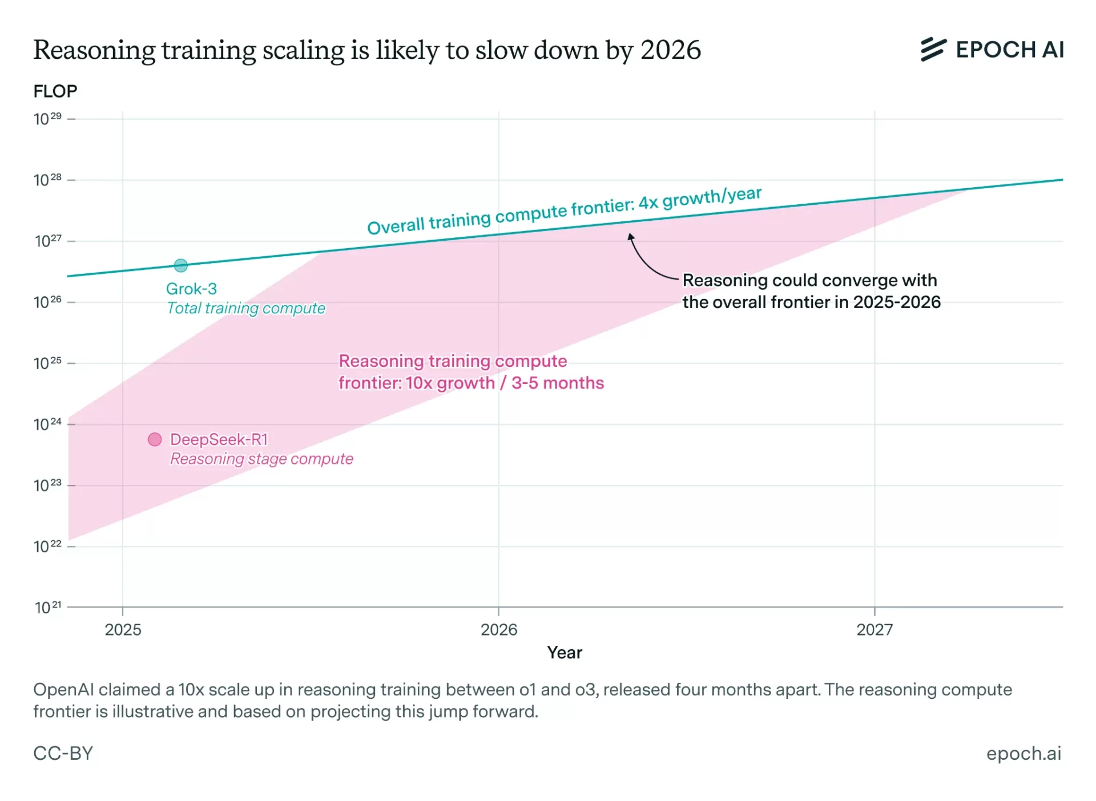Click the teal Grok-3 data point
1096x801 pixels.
[180, 265]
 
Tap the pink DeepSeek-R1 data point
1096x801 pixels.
[155, 439]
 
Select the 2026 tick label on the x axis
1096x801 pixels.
[498, 630]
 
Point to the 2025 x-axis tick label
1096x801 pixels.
[123, 630]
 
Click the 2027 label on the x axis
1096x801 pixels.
[874, 630]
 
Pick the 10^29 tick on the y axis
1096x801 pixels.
[48, 119]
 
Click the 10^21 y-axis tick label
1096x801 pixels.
[48, 607]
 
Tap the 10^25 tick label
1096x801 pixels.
[48, 363]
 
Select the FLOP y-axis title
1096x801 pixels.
[55, 91]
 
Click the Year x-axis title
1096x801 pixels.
[565, 653]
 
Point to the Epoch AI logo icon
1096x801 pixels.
[933, 50]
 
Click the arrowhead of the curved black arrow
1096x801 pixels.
[630, 236]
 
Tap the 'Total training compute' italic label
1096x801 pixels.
[245, 309]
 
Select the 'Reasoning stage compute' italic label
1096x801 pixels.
[261, 459]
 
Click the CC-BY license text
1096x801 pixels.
[63, 754]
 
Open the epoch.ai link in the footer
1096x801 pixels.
[1024, 754]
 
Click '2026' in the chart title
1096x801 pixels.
[670, 50]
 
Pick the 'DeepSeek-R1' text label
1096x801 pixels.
[219, 439]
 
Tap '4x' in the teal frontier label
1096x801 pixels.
[648, 203]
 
